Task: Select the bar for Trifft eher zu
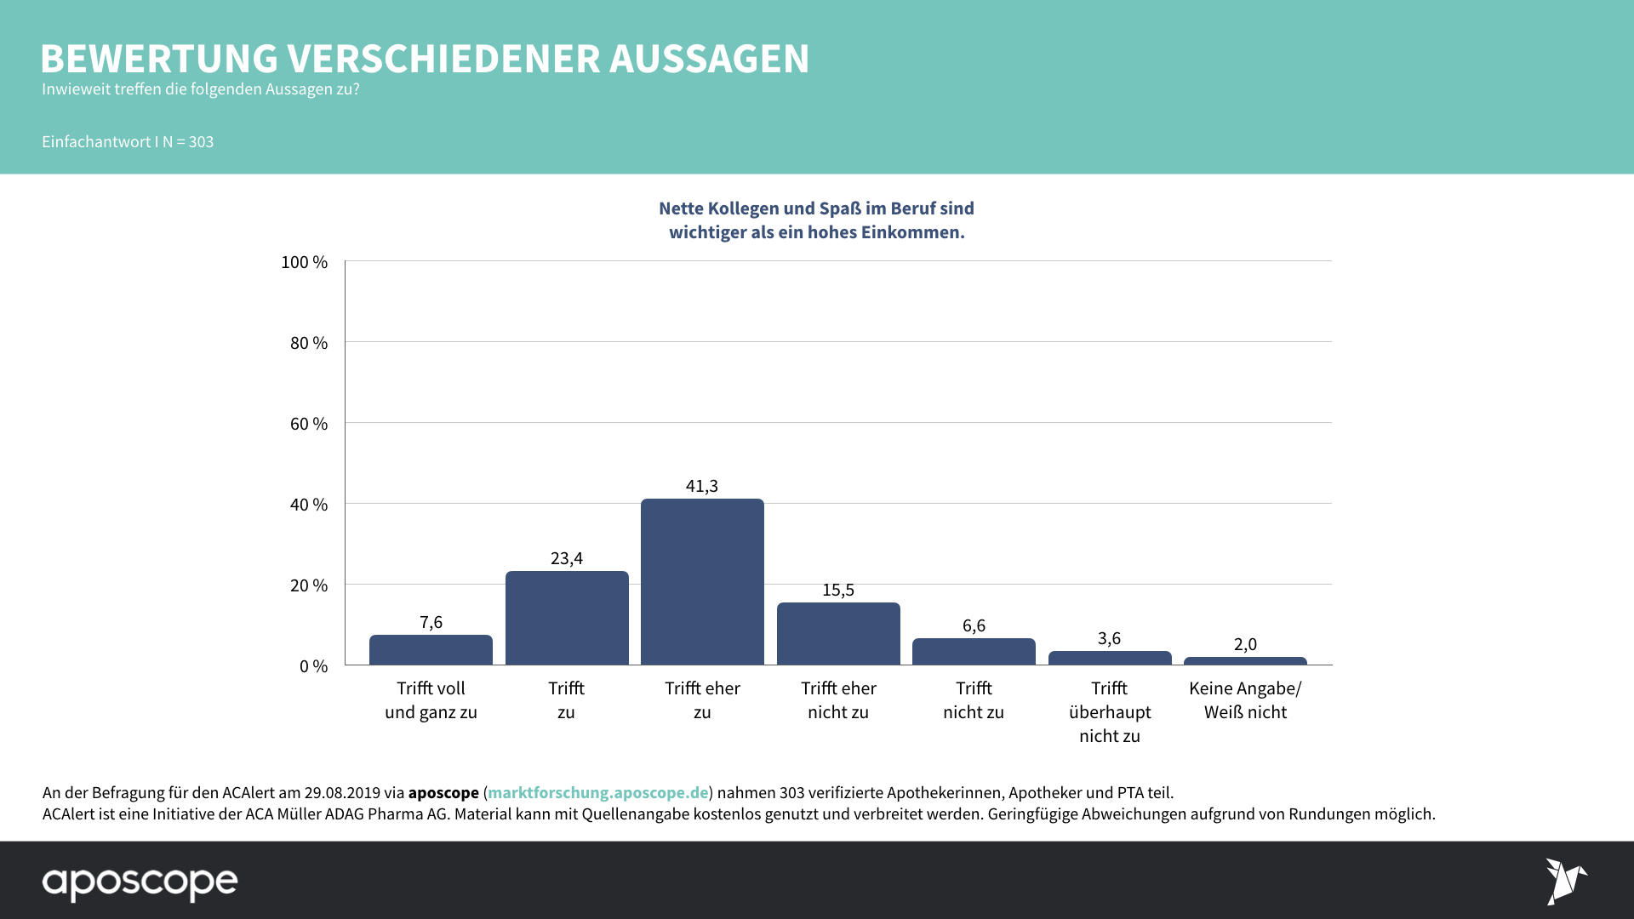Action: [x=702, y=582]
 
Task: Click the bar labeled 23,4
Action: [x=567, y=618]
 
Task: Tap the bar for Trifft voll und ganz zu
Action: [x=431, y=650]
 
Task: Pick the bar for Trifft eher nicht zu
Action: [x=838, y=634]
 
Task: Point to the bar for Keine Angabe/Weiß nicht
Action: [x=1245, y=661]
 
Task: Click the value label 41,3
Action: [x=702, y=486]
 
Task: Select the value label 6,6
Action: [x=974, y=625]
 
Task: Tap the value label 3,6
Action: [x=1109, y=638]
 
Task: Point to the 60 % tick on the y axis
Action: [x=309, y=424]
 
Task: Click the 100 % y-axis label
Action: [x=305, y=262]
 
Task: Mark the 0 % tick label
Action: [x=313, y=666]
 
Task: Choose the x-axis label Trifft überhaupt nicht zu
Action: [x=1110, y=712]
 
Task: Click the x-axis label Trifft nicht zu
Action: [x=974, y=700]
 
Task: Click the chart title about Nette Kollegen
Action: [x=816, y=220]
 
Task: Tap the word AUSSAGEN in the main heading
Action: [x=709, y=59]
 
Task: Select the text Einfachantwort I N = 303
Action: [x=128, y=142]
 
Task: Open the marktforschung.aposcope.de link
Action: [x=597, y=792]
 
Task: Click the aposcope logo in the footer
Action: [x=140, y=882]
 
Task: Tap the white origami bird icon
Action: [x=1565, y=881]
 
